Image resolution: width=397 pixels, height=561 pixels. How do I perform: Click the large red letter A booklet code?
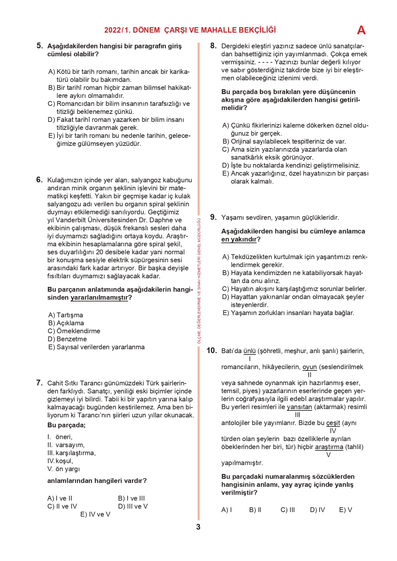(361, 30)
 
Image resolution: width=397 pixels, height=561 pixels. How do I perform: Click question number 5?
(40, 46)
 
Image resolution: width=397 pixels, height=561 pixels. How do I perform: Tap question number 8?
(213, 46)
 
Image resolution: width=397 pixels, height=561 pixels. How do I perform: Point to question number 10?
(211, 351)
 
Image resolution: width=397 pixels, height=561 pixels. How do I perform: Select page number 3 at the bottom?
(198, 527)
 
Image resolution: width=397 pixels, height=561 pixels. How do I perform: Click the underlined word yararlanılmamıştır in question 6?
(99, 298)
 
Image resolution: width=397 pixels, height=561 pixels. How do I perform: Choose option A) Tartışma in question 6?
(66, 315)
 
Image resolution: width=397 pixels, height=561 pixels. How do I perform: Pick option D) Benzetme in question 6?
(67, 339)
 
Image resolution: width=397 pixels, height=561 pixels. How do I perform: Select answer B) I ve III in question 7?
(131, 498)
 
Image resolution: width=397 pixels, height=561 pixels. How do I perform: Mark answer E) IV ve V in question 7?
(95, 514)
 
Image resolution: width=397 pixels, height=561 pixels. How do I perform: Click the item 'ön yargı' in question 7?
(67, 469)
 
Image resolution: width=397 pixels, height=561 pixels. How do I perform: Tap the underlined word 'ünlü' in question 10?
(250, 351)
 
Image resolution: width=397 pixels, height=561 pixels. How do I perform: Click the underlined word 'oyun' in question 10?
(309, 367)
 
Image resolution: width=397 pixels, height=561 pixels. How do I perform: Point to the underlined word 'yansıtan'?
(299, 407)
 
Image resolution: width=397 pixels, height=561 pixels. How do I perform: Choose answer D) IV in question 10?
(317, 510)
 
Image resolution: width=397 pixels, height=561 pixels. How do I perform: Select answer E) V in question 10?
(345, 510)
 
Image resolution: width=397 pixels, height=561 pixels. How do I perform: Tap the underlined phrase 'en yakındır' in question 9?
(239, 240)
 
